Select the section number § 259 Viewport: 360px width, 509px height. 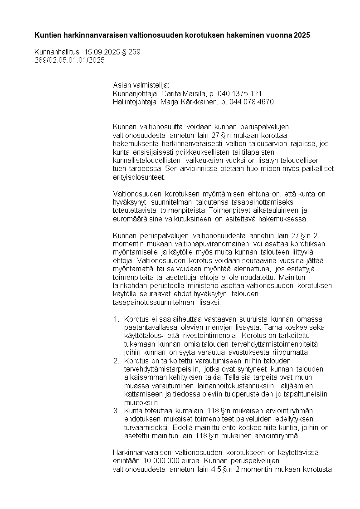(131, 52)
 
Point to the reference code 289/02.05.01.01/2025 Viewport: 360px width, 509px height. (69, 60)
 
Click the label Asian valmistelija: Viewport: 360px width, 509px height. (141, 85)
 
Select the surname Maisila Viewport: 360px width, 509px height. (178, 93)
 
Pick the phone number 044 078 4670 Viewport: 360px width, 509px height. (252, 102)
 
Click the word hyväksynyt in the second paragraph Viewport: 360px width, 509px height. (128, 202)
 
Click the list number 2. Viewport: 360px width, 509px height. (116, 361)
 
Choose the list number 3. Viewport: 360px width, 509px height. (116, 411)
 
